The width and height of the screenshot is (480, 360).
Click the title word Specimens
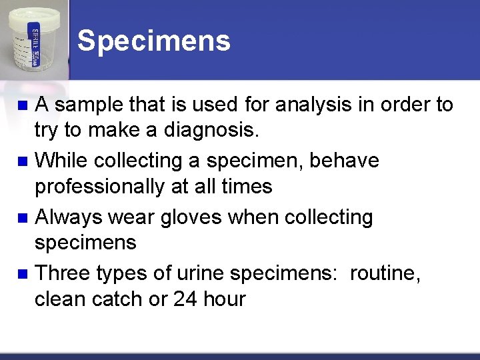coord(154,41)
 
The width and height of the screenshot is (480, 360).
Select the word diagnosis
coord(217,131)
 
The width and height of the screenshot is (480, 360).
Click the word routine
coord(385,273)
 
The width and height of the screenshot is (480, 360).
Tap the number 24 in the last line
coord(185,299)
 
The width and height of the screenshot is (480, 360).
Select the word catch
coord(119,299)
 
